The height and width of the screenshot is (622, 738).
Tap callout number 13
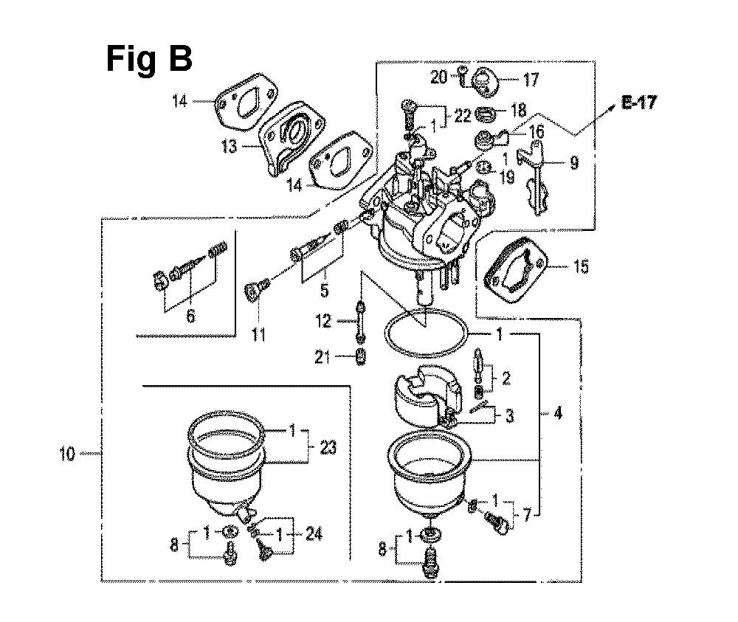pos(230,146)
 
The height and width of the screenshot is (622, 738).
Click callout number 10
pos(67,454)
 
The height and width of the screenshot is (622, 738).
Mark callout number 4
pos(557,415)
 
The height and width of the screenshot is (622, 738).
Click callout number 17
pos(511,80)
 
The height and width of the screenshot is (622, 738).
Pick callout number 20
pos(438,77)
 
